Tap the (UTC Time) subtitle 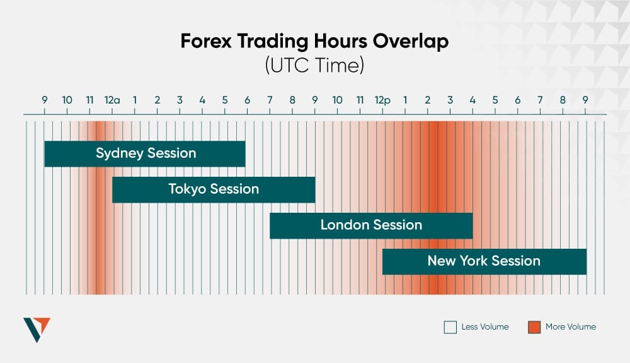[314, 66]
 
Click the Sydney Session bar [145, 153]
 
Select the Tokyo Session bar [214, 189]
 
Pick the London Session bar [371, 225]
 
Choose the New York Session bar [484, 261]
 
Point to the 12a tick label [112, 100]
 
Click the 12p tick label [382, 100]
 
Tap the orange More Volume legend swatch [534, 327]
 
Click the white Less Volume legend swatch [450, 327]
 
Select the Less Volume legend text [484, 327]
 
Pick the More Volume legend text [570, 327]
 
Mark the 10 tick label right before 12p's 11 [337, 100]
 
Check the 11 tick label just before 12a [89, 100]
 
